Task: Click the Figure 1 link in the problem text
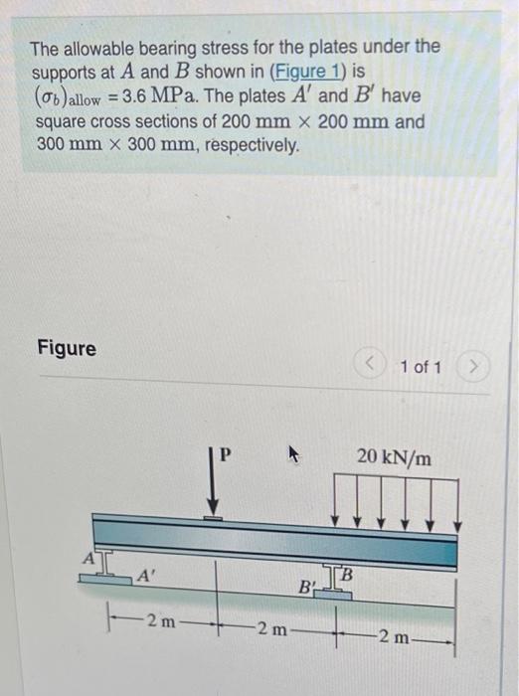tap(306, 75)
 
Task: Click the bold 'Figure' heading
tap(67, 349)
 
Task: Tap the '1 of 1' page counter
tap(422, 368)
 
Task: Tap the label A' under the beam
tap(145, 575)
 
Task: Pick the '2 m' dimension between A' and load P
tap(158, 623)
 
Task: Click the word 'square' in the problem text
tap(63, 122)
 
